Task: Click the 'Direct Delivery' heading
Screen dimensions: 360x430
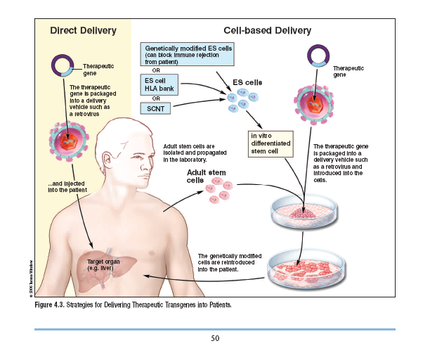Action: click(x=83, y=30)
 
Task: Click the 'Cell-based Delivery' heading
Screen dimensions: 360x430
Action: click(x=267, y=30)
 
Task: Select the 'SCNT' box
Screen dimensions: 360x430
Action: click(x=155, y=108)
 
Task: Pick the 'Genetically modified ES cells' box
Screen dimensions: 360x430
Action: click(x=187, y=54)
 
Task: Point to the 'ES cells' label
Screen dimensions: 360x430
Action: click(x=247, y=83)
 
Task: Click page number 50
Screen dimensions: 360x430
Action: click(x=216, y=338)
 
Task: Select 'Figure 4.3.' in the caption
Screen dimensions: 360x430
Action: click(x=53, y=305)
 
